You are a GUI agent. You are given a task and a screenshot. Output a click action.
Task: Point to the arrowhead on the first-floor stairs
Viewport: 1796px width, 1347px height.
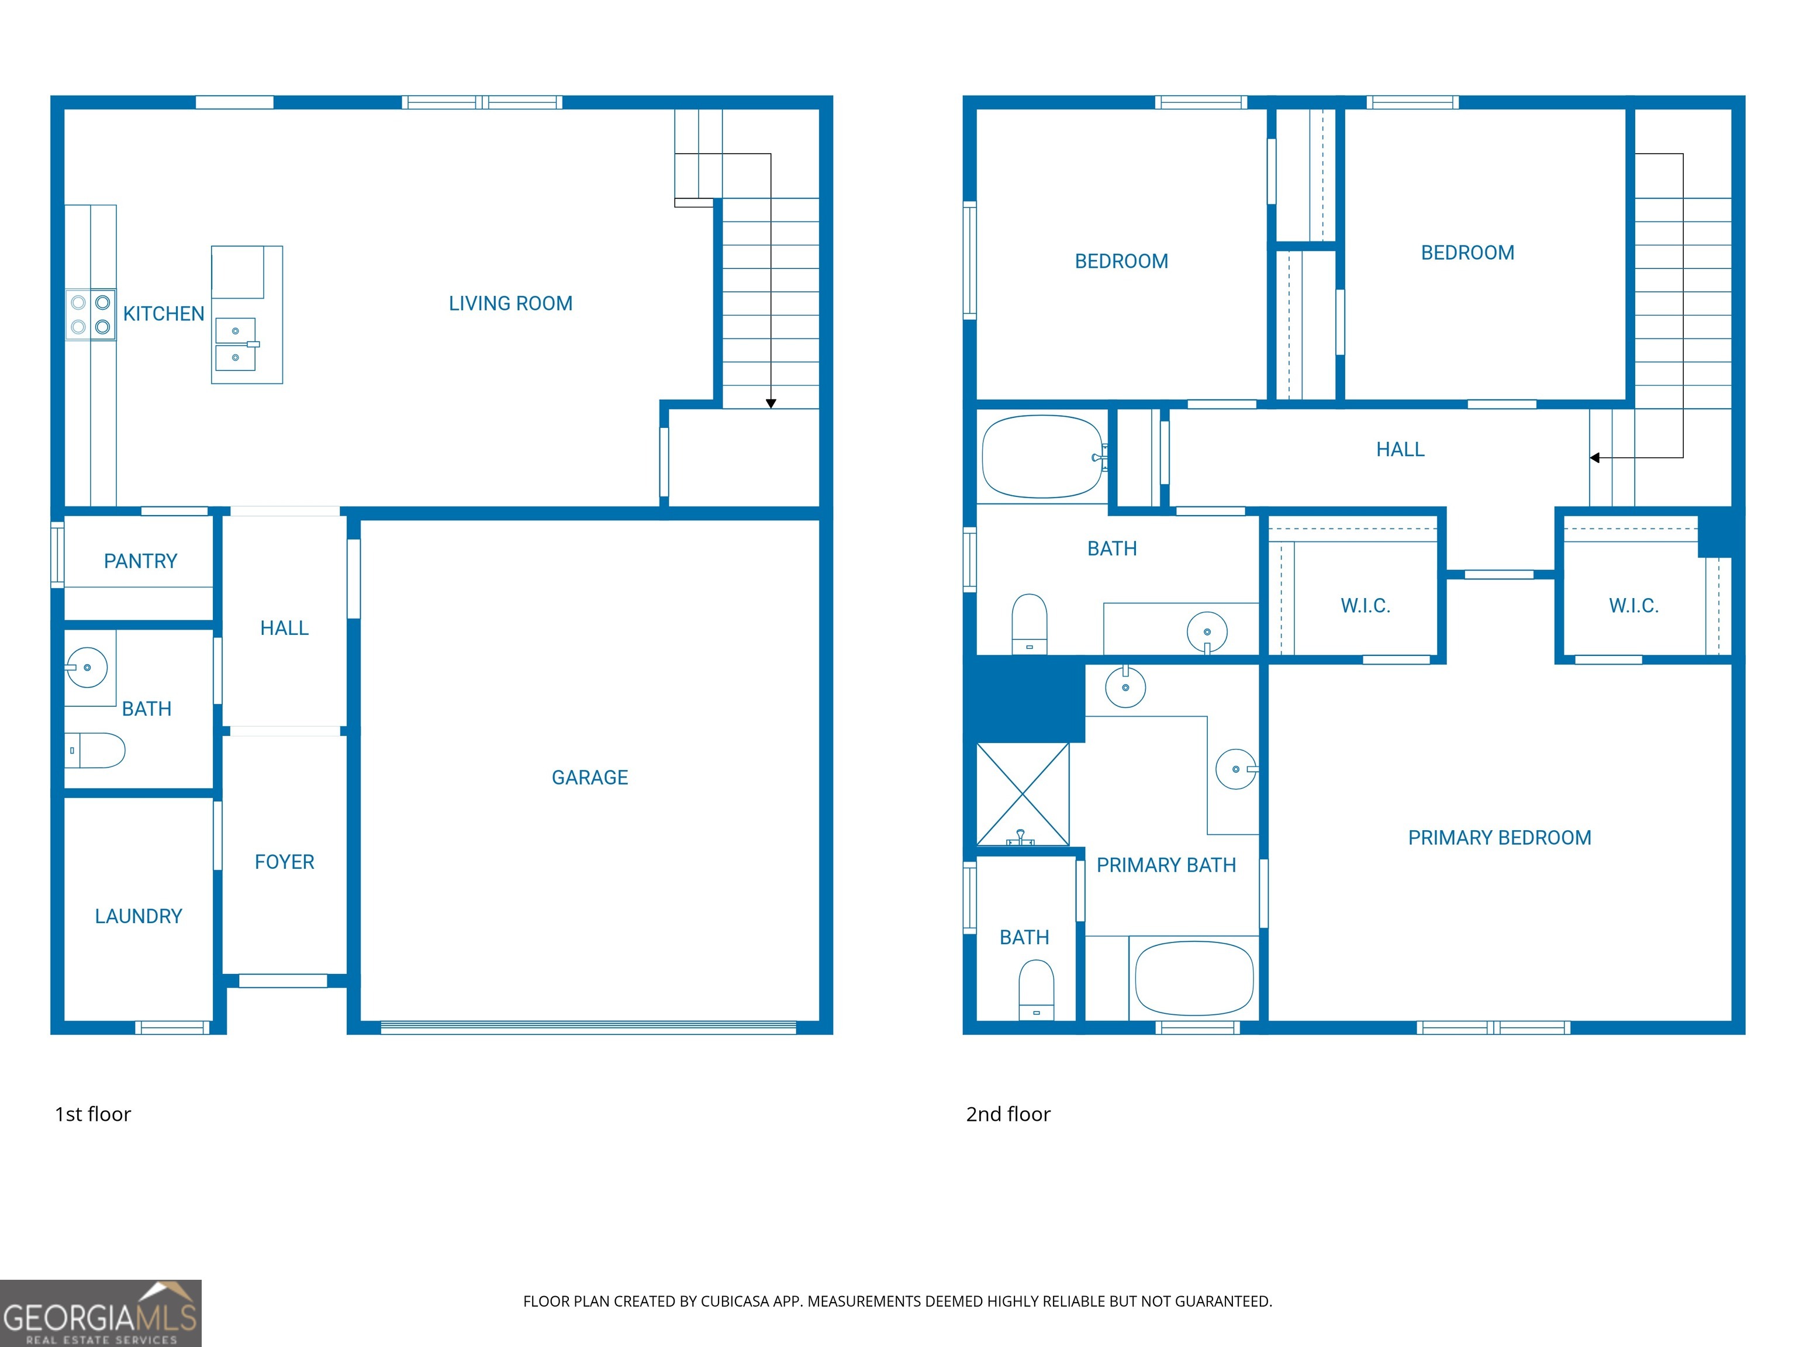[x=771, y=403]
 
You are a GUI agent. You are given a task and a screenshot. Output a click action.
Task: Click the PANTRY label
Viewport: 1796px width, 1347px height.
[x=140, y=561]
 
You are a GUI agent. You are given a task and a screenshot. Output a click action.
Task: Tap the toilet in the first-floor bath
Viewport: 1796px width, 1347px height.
[x=96, y=750]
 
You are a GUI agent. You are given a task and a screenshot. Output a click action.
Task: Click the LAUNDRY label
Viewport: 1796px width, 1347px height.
[x=138, y=917]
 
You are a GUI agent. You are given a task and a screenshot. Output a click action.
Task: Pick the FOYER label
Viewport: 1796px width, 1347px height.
[x=284, y=862]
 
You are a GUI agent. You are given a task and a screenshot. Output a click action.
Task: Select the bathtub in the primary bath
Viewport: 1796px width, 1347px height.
[x=1194, y=978]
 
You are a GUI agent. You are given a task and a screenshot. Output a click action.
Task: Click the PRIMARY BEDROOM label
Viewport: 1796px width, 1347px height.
[x=1499, y=838]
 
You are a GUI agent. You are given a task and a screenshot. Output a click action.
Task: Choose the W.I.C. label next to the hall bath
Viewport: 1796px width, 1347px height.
[x=1365, y=606]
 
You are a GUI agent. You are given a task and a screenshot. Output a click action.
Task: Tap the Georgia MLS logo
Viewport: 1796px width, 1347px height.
[x=100, y=1314]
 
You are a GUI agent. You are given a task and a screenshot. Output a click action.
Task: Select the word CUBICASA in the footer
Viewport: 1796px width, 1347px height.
[x=734, y=1301]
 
